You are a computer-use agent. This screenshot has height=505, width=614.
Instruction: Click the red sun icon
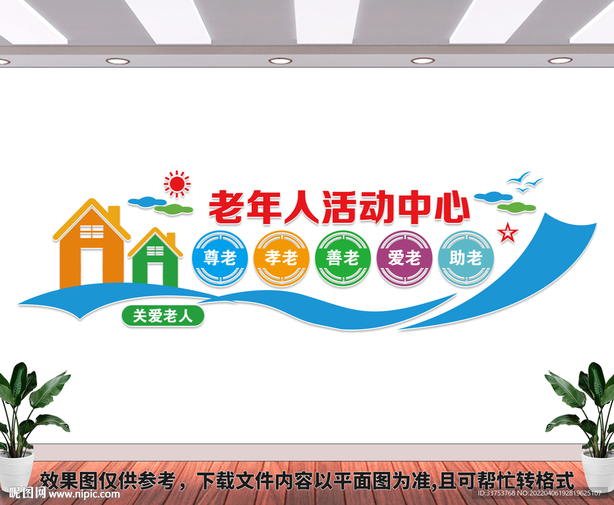pos(177,184)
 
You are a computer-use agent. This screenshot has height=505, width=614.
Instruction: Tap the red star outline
pos(508,232)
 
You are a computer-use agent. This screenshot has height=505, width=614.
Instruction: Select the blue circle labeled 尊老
pos(219,259)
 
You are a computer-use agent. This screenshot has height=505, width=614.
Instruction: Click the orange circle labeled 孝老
pos(281,259)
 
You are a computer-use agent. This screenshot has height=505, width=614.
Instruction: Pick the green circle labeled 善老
pos(343,259)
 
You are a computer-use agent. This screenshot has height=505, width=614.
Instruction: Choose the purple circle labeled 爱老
pos(404,259)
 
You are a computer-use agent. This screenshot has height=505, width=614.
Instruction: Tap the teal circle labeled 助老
pos(466,259)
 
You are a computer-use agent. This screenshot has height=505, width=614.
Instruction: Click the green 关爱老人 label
pos(163,316)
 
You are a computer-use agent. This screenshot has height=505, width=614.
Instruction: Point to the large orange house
pos(90,246)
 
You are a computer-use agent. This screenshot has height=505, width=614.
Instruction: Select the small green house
pos(155,259)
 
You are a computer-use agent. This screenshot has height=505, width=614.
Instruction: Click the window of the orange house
pos(91,232)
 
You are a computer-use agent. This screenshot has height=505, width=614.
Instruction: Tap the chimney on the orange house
pos(113,213)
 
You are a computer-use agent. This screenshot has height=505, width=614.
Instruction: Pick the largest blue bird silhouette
pos(519,178)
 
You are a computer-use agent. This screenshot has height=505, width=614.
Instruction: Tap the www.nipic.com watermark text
pos(84,494)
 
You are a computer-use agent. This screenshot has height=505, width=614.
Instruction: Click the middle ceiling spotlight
pos(280,61)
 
